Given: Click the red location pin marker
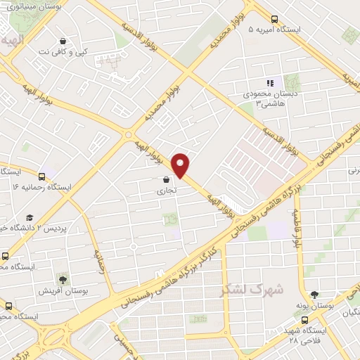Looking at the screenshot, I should click(181, 165).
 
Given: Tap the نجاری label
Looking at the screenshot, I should click(167, 189).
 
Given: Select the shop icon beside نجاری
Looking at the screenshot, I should click(166, 179).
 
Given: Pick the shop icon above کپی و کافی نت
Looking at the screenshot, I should click(64, 41).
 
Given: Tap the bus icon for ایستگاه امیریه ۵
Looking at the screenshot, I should click(274, 20).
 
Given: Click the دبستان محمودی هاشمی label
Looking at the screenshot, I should click(271, 98).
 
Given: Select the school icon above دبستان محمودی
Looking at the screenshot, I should click(271, 83).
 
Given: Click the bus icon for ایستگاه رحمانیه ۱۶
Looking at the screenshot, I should click(43, 176).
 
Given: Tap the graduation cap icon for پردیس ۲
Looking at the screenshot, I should click(30, 218).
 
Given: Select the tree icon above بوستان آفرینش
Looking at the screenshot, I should click(63, 280).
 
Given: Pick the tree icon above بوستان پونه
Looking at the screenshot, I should click(314, 295).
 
